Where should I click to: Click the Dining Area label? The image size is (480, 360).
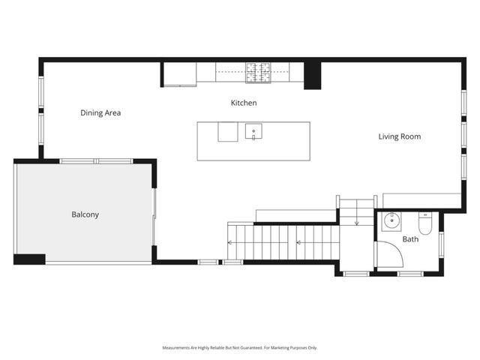point(100,113)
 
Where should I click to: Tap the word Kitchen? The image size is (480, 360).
point(244,103)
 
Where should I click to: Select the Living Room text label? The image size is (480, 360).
point(399,136)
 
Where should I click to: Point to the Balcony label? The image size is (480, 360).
point(85,214)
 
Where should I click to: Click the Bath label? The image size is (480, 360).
point(410,240)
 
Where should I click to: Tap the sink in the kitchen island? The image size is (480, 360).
point(254,132)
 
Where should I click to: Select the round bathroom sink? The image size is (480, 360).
point(391,221)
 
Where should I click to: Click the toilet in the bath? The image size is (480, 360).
point(425,223)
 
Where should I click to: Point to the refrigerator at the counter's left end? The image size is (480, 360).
point(179,73)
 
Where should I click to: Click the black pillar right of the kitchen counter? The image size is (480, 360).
point(312,75)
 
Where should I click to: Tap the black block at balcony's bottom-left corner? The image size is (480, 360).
point(29,259)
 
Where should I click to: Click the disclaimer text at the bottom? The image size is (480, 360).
point(240,348)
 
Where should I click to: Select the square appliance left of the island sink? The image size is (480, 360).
point(228,132)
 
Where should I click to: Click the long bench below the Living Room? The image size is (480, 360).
point(421,200)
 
